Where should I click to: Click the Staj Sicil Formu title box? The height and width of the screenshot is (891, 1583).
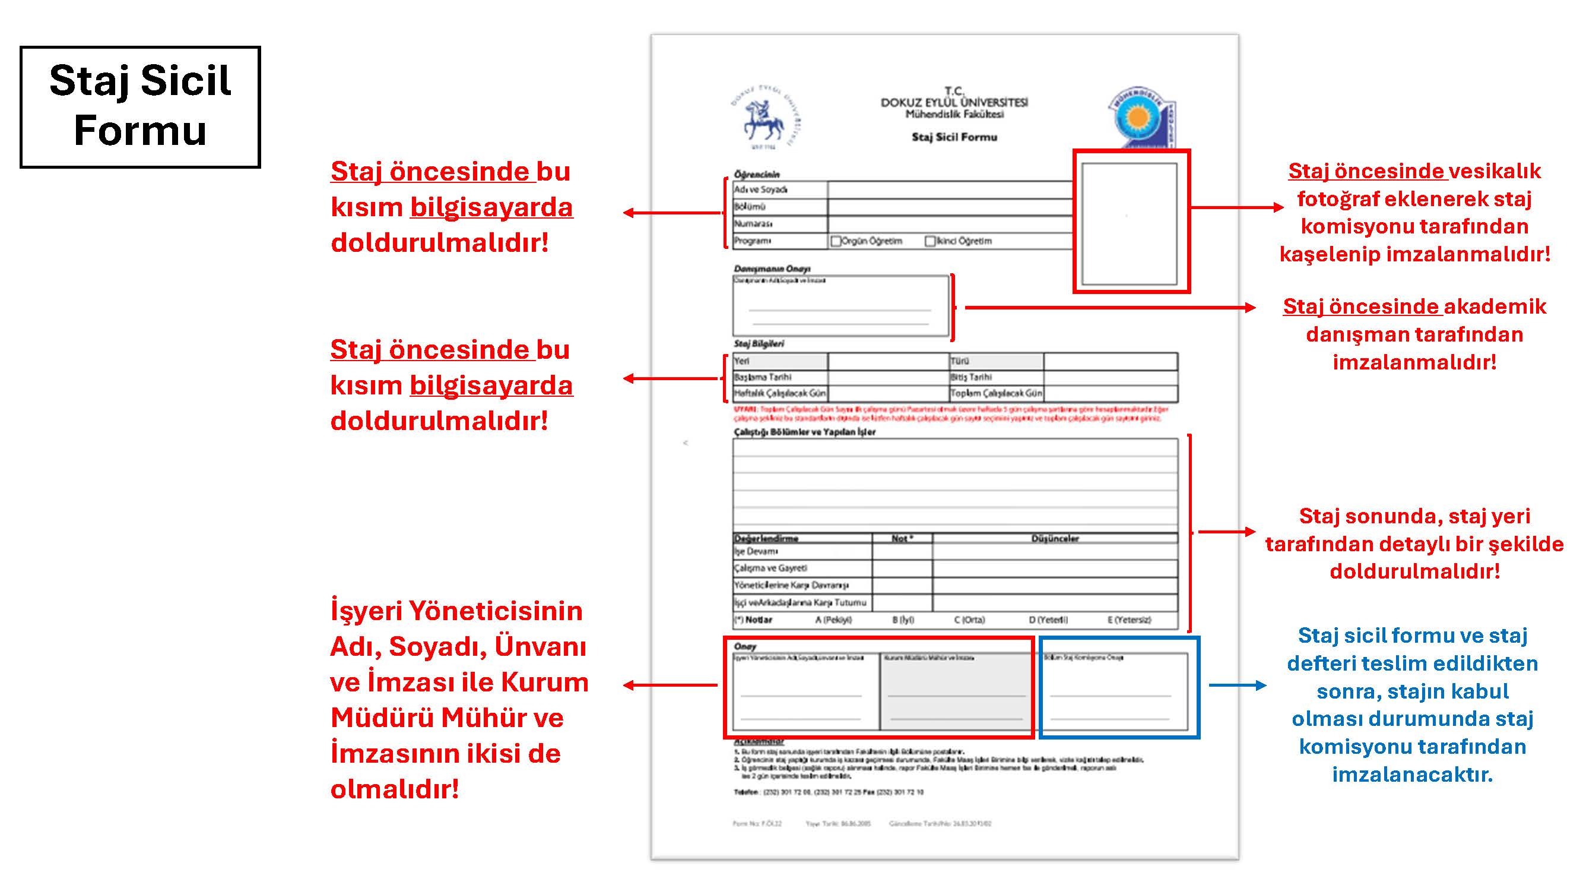pyautogui.click(x=140, y=106)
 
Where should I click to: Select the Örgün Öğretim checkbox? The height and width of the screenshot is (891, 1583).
pyautogui.click(x=835, y=241)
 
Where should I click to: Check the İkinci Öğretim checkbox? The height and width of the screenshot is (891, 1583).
pyautogui.click(x=930, y=241)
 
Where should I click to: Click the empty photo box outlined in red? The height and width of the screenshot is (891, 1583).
pyautogui.click(x=1130, y=223)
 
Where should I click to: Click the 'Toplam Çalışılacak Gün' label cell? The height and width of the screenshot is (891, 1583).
pyautogui.click(x=996, y=393)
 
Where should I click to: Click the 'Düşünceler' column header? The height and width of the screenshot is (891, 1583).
pyautogui.click(x=1055, y=539)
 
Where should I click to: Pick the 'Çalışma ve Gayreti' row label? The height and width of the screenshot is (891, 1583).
pyautogui.click(x=770, y=568)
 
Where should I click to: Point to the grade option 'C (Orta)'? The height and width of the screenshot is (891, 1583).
pyautogui.click(x=969, y=620)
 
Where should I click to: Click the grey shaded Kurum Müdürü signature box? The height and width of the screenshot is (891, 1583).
pyautogui.click(x=956, y=692)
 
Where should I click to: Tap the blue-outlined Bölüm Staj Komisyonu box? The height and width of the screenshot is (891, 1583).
pyautogui.click(x=1118, y=688)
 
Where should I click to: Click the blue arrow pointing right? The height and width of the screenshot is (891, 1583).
pyautogui.click(x=1237, y=685)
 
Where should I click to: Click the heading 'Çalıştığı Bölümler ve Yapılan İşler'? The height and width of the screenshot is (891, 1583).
pyautogui.click(x=804, y=432)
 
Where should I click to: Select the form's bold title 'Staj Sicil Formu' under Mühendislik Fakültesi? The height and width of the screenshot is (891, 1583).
pyautogui.click(x=954, y=137)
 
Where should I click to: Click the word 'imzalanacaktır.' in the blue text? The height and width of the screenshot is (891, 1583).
pyautogui.click(x=1412, y=774)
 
